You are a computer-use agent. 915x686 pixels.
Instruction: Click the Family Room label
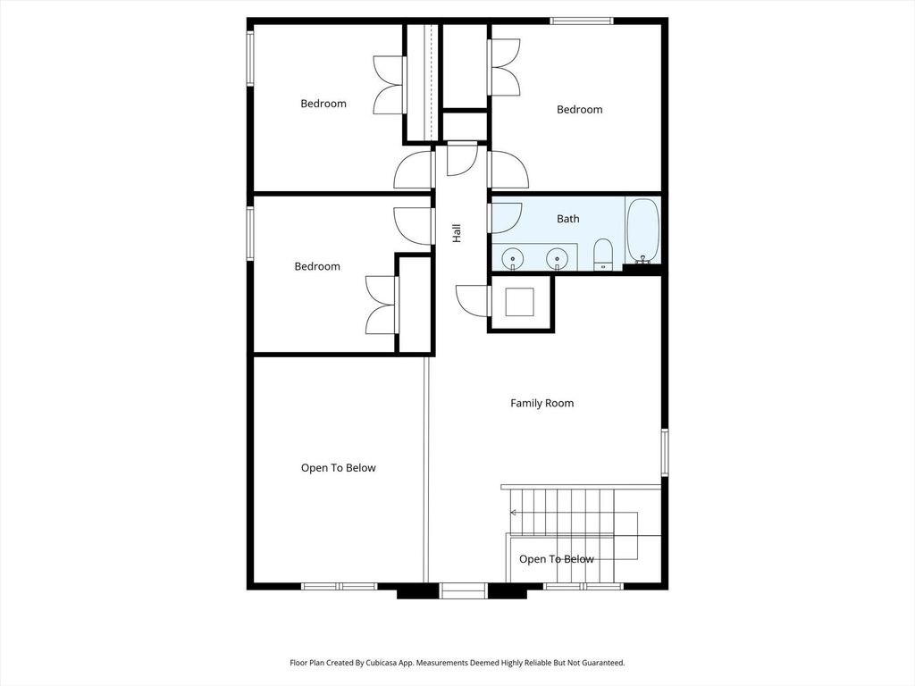tap(542, 403)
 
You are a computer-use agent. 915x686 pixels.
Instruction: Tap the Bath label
tap(567, 219)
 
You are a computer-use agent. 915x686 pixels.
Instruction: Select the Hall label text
tap(457, 233)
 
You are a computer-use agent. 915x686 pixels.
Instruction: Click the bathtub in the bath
tap(642, 232)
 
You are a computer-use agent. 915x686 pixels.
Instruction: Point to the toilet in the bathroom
tap(603, 255)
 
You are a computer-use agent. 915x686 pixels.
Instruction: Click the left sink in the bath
tap(513, 258)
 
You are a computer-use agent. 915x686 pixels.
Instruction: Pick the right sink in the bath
tap(557, 258)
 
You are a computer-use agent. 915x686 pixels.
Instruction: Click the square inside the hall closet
tap(519, 302)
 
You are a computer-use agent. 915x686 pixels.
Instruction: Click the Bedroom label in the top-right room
tap(579, 110)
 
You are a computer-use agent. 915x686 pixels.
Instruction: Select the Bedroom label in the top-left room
tap(323, 104)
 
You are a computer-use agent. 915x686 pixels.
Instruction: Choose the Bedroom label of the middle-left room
tap(317, 266)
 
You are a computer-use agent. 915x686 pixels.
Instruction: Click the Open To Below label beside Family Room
tap(339, 468)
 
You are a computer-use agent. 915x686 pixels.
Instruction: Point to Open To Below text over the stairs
tap(557, 559)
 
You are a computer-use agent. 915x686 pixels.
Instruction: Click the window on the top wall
tap(582, 21)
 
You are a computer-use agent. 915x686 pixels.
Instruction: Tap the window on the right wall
tap(665, 452)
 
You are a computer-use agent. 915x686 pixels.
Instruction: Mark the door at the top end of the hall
tap(462, 160)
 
